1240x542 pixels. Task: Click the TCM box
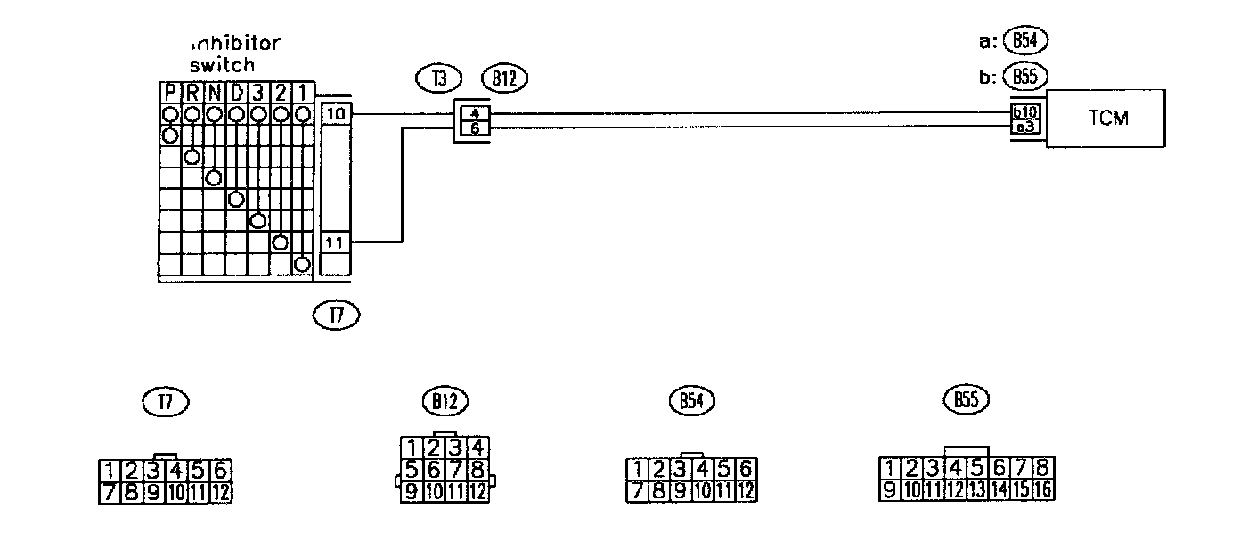coord(1107,118)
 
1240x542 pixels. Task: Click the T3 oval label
coord(438,78)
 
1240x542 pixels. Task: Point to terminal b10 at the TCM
coord(1024,113)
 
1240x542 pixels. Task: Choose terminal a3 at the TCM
coord(1024,127)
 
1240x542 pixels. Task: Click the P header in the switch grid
coord(170,93)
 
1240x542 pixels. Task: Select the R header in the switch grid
coord(192,93)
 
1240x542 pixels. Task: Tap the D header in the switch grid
coord(236,93)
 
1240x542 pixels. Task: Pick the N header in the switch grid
coord(214,93)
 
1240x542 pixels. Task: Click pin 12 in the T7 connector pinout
coord(222,492)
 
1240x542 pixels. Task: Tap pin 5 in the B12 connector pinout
coord(412,468)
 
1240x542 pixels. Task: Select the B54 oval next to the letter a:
coord(1025,41)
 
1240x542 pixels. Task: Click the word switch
coord(223,64)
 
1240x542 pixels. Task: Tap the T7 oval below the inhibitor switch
coord(337,314)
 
